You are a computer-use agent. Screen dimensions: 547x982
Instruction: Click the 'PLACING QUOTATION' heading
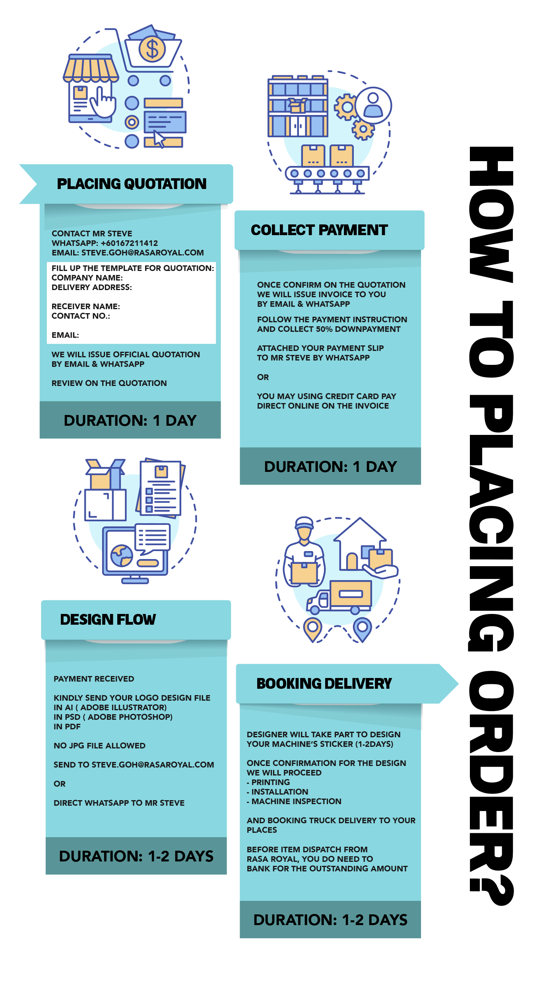(x=132, y=184)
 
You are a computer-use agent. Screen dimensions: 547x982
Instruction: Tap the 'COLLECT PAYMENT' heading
(x=319, y=230)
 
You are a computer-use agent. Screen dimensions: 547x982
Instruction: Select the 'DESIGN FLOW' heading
(x=108, y=620)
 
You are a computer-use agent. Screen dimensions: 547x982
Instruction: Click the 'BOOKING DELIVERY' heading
(x=324, y=684)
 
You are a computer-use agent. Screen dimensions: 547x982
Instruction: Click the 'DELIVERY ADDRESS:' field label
(x=92, y=287)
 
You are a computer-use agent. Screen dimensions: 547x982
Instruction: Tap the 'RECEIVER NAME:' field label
(x=86, y=306)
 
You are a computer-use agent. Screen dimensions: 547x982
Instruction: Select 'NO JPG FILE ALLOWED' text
(x=99, y=746)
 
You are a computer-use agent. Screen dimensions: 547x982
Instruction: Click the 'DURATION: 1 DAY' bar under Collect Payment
(x=330, y=466)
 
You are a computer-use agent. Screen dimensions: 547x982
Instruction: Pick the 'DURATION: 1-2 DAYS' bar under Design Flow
(x=136, y=856)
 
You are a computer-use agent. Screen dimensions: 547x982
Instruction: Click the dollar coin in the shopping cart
(x=152, y=49)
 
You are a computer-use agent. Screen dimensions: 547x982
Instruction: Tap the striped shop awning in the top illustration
(x=91, y=68)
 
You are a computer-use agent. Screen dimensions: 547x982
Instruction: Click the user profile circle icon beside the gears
(x=373, y=105)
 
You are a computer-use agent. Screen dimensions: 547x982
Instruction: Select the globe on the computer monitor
(x=122, y=555)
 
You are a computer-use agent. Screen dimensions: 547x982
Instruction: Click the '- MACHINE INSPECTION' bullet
(x=294, y=801)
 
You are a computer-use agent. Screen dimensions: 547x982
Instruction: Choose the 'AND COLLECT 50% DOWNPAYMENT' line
(x=329, y=329)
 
